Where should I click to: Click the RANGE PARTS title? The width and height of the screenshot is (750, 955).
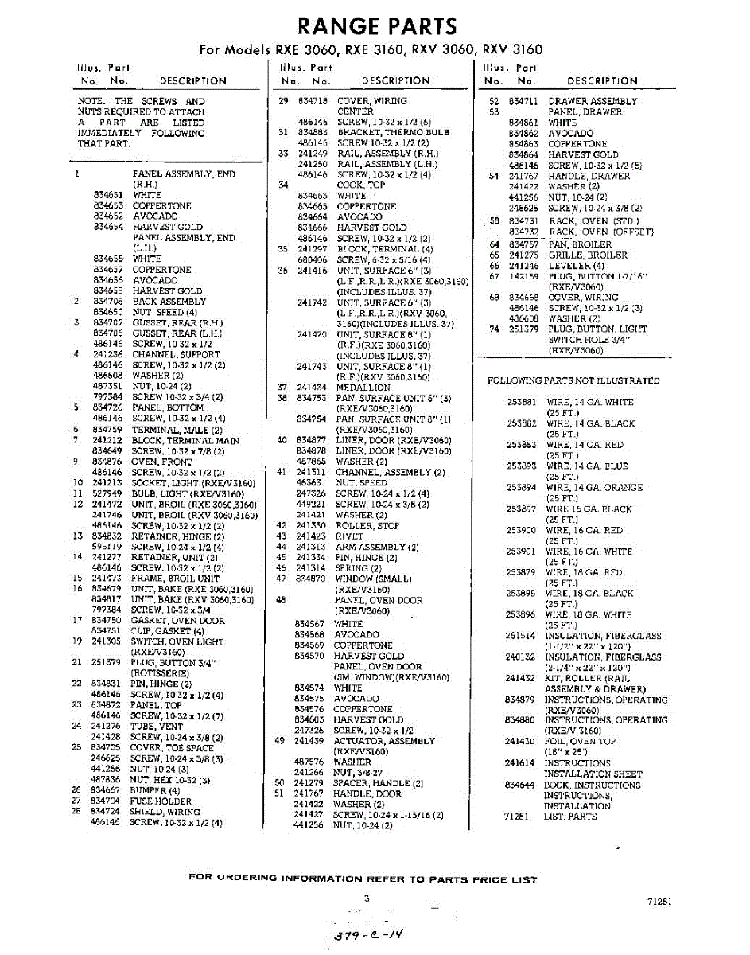[x=376, y=25]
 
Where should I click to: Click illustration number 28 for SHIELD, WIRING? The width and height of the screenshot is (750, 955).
[x=76, y=811]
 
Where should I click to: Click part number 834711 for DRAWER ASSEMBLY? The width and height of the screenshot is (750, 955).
[x=524, y=101]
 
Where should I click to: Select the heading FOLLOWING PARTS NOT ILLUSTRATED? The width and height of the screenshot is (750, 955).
[x=573, y=380]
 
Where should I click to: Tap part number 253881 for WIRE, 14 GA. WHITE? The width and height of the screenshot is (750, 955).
[x=522, y=402]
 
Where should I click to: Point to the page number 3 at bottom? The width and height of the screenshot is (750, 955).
[x=367, y=898]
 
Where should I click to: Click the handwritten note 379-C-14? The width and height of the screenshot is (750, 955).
[x=367, y=937]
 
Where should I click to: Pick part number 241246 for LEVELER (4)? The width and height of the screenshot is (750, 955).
[x=524, y=266]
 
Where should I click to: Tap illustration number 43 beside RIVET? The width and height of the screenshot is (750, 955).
[x=281, y=536]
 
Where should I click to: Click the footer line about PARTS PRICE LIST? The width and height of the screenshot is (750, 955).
[x=363, y=879]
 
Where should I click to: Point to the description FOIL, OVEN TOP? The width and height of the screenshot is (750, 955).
[x=580, y=741]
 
